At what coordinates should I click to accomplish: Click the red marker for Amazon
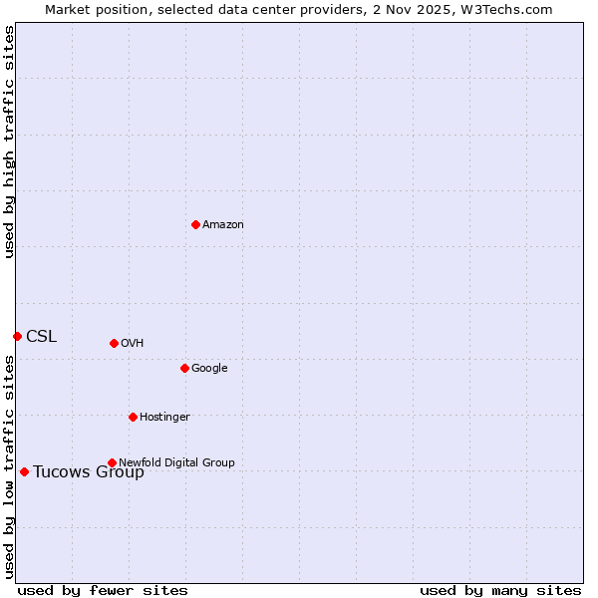click(195, 224)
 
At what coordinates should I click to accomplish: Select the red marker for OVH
click(114, 343)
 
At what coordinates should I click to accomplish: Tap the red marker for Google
click(184, 368)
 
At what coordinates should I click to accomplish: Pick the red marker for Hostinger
click(133, 417)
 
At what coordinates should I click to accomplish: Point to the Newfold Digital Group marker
click(112, 462)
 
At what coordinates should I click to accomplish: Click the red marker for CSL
click(17, 336)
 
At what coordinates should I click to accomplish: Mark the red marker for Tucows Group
click(24, 471)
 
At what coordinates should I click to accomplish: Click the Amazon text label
click(223, 225)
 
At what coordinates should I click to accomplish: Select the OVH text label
click(133, 344)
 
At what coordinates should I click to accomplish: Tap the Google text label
click(209, 369)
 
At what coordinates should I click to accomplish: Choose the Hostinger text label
click(164, 418)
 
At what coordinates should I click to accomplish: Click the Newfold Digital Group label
click(176, 462)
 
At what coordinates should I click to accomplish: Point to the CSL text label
click(42, 337)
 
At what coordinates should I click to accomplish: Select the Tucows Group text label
click(89, 472)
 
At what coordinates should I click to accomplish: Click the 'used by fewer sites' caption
click(103, 590)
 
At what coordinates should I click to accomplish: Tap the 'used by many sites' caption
click(500, 590)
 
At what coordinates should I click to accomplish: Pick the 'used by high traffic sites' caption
click(10, 142)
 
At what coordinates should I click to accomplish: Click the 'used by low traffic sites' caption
click(10, 466)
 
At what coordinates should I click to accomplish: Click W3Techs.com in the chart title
click(511, 9)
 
